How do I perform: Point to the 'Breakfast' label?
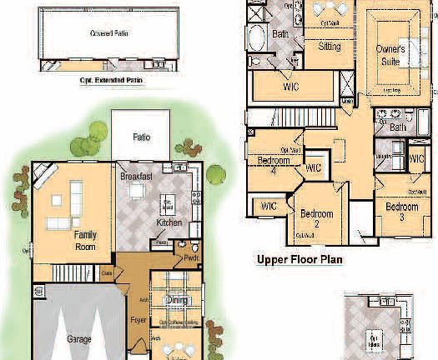[135, 177]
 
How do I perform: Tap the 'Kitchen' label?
[169, 223]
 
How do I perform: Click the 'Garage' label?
[78, 339]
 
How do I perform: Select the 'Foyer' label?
[139, 319]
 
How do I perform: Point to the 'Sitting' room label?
[330, 47]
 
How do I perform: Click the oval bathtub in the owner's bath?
[257, 37]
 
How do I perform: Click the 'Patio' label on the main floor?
[142, 137]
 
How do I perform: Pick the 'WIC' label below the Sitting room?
[291, 87]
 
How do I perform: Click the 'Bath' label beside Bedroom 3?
[397, 127]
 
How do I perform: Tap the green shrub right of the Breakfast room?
[216, 174]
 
